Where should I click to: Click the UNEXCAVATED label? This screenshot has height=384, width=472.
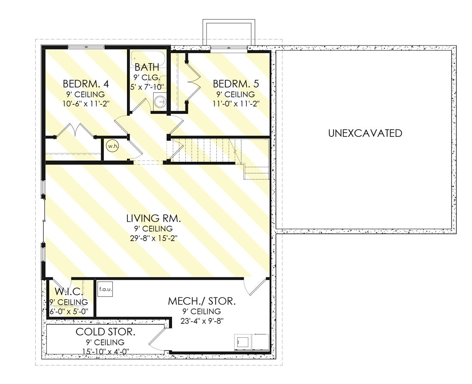[365, 133]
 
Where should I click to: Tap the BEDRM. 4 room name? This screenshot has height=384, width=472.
[86, 83]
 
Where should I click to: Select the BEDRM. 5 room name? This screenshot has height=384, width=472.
[236, 83]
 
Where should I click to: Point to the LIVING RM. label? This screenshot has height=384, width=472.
[154, 218]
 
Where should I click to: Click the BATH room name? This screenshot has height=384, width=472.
[147, 67]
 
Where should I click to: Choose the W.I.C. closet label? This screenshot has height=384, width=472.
[69, 291]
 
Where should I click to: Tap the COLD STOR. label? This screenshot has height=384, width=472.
[106, 332]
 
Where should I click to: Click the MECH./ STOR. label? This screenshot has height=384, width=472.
[202, 301]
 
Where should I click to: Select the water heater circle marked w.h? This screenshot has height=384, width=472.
[113, 146]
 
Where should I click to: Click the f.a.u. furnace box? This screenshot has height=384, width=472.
[106, 289]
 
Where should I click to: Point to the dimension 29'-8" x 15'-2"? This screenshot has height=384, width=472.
[154, 239]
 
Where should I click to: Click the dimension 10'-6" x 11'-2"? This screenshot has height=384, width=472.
[86, 104]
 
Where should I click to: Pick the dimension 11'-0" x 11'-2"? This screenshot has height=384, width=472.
[236, 104]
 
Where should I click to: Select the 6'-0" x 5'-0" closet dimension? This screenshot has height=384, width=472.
[69, 311]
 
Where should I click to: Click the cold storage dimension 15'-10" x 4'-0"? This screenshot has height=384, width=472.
[106, 351]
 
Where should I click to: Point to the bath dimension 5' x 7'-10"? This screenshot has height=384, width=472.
[147, 87]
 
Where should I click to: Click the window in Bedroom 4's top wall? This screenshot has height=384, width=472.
[86, 47]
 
